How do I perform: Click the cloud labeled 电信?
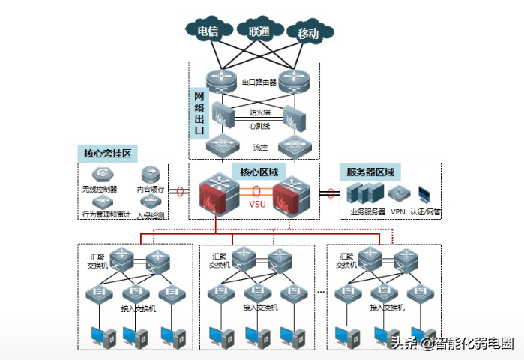(x=208, y=31)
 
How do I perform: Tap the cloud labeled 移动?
(x=308, y=33)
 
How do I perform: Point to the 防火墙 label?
(x=259, y=112)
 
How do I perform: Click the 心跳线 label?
(x=259, y=126)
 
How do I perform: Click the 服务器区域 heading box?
(x=370, y=171)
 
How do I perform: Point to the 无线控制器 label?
(x=100, y=190)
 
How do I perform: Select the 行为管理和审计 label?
(x=105, y=214)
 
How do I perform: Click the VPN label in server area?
(x=397, y=212)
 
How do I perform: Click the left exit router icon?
(x=220, y=80)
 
